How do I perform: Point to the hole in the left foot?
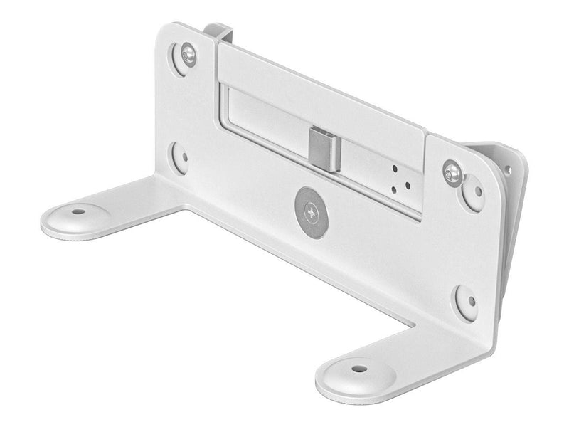point(75,212)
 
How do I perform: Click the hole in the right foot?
point(359,370)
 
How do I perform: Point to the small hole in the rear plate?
point(507,170)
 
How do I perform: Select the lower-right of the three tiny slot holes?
point(406,184)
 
